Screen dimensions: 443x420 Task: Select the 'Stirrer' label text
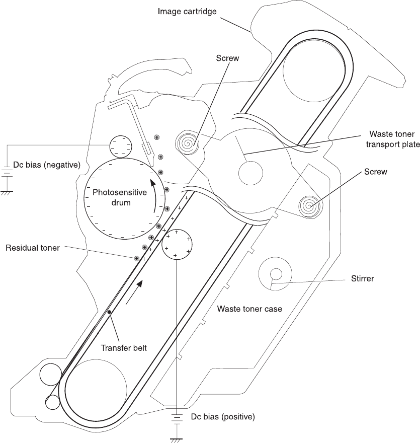coord(363,278)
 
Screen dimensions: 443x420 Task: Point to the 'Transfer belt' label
coord(124,348)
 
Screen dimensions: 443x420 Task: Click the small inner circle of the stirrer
coord(276,274)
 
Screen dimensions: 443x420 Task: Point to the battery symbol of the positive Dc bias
coord(177,417)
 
